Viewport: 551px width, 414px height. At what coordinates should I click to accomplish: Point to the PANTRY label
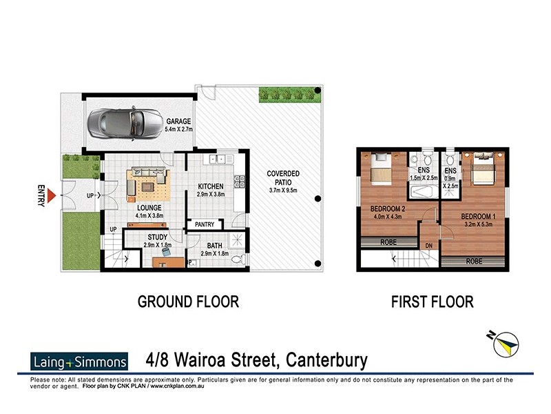(206, 224)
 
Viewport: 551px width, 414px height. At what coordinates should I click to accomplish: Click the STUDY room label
(157, 238)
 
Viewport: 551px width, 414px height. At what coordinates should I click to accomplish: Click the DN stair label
(428, 245)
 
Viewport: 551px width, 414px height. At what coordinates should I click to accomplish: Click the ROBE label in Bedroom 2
(388, 242)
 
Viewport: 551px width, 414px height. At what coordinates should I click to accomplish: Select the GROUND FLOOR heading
(188, 302)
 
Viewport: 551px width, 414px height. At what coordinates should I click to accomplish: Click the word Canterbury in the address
(324, 361)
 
